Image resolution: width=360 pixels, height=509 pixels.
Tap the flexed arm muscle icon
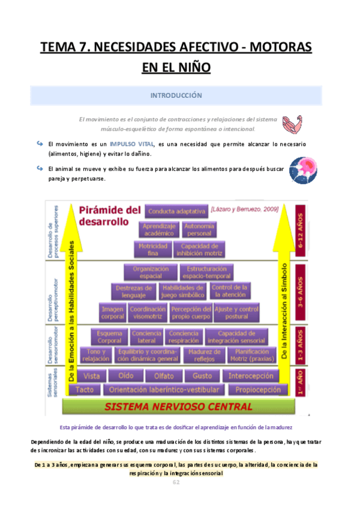293,124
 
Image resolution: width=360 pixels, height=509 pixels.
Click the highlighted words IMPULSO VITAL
132,144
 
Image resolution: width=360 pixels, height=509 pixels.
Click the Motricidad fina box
152,248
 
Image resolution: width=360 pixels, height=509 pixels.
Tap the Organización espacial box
151,272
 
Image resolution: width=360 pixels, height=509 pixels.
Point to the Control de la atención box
230,291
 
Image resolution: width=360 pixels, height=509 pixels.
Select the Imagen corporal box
112,311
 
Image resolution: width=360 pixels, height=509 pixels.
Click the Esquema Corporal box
109,337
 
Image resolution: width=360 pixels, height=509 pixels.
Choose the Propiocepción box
257,390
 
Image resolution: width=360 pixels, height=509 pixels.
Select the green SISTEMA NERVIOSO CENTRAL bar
178,406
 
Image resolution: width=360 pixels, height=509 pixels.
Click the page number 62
176,482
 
